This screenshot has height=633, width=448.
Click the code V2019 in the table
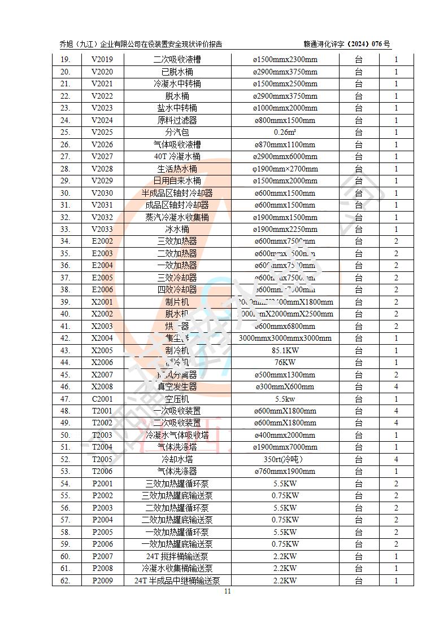pos(102,60)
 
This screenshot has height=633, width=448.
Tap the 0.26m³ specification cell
pos(285,133)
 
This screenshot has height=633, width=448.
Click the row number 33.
pos(65,230)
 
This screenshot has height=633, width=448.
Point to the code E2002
pos(102,241)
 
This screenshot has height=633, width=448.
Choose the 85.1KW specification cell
pos(285,350)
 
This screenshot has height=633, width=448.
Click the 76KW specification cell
pos(285,363)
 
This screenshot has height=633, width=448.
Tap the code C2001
pos(102,399)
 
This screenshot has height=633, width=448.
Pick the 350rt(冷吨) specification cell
pos(285,459)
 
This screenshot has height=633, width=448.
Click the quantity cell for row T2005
pos(396,459)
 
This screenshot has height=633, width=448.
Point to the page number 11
pos(228,591)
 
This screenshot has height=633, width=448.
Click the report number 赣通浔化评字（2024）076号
pos(346,44)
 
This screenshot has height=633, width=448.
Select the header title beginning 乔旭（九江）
pos(141,44)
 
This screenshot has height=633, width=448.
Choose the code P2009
pos(102,581)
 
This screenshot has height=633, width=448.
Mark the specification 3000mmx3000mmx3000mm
pos(285,339)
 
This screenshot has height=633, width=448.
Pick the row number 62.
pos(65,581)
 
